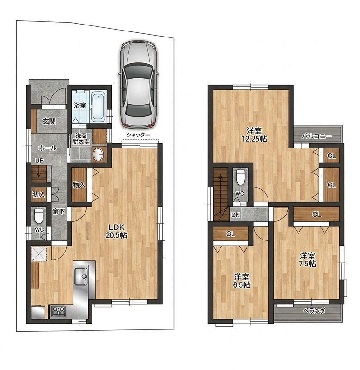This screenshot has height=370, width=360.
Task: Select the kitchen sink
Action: pos(81,275)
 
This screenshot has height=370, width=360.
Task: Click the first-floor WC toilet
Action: pos(39,216)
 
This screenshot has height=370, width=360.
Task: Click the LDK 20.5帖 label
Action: pos(117,231)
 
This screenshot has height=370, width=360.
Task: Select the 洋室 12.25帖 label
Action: pos(254,135)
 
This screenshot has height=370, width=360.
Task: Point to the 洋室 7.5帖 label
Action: pos(308,259)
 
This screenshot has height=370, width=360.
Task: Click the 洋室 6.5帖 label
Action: pos(242,281)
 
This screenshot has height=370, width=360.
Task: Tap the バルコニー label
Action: pos(317,136)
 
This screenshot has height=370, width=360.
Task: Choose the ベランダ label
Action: pos(314,311)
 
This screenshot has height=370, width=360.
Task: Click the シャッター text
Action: pos(138,135)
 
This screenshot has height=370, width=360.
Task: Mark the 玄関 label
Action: pos(49,122)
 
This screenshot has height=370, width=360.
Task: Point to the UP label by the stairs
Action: pos(39,160)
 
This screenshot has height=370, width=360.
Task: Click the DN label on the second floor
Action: pos(236,215)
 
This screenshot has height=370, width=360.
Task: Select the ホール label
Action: pos(48,148)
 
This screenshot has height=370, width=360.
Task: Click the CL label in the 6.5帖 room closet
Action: pos(230,234)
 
